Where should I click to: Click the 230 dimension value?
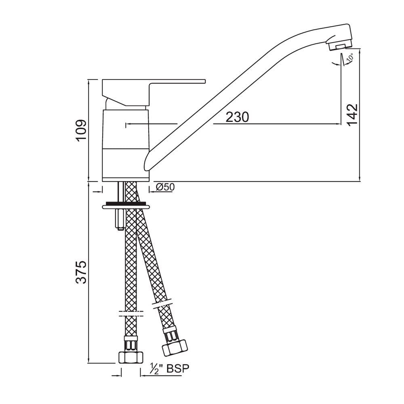[237, 117]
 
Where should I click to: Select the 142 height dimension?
[352, 115]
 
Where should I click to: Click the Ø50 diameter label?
[164, 187]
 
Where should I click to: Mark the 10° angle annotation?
[349, 58]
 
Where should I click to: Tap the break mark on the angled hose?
[164, 303]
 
